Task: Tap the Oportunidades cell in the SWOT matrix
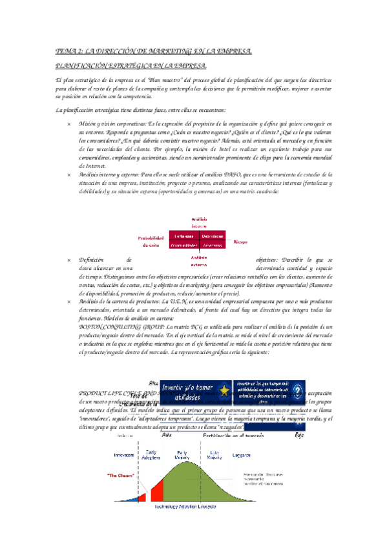click(x=183, y=245)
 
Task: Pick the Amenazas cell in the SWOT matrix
click(x=212, y=245)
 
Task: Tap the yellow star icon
click(x=224, y=392)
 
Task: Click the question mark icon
click(x=298, y=390)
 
